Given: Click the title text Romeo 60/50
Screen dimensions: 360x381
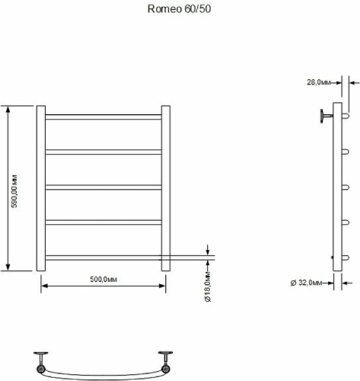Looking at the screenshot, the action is click(179, 9).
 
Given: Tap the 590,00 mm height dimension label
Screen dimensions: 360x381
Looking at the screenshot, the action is click(14, 191).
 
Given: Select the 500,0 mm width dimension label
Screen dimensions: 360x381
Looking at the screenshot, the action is click(104, 280).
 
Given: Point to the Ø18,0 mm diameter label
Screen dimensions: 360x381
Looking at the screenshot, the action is click(208, 287).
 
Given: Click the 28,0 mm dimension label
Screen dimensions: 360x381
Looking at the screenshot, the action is click(319, 82).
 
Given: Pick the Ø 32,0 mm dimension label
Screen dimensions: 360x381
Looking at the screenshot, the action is click(306, 283).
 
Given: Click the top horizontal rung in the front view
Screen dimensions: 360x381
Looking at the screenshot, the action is click(104, 117).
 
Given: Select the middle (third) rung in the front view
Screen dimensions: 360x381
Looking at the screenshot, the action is click(104, 187).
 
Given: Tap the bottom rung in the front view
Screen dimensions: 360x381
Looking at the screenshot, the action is click(104, 258).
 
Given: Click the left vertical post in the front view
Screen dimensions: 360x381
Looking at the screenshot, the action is click(41, 188).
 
